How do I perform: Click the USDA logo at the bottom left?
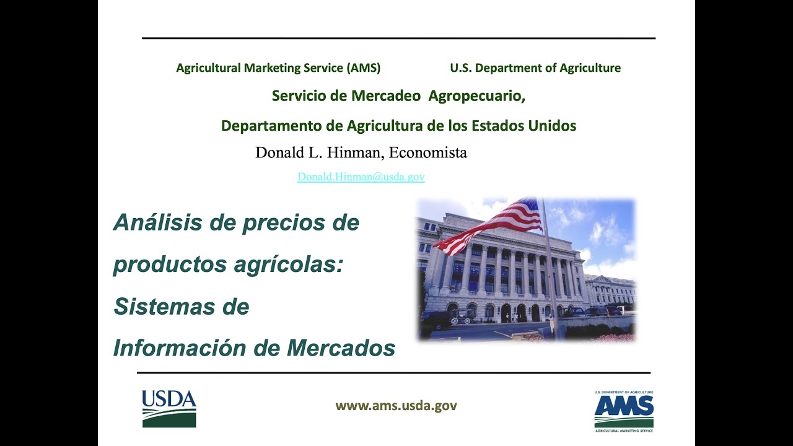tap(169, 409)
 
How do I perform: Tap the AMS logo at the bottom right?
tap(624, 411)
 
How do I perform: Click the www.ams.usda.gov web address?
tap(396, 406)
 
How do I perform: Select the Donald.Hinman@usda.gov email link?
tap(361, 177)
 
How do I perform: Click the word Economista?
tap(428, 152)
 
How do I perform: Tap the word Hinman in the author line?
tap(356, 153)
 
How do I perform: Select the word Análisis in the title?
tap(158, 222)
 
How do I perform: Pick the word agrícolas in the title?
tap(289, 265)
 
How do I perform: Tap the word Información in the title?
tap(180, 348)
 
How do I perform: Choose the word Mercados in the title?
tap(341, 348)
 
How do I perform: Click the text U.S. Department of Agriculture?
tap(535, 68)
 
